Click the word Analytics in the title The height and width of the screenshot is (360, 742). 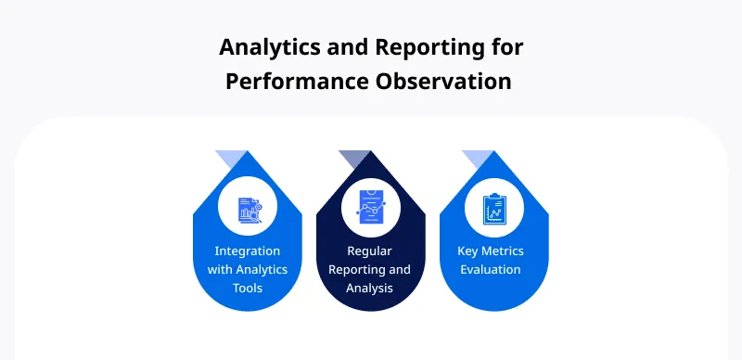tap(266, 46)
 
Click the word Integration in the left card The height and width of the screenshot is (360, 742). tap(248, 251)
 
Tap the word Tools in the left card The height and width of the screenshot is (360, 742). tap(248, 288)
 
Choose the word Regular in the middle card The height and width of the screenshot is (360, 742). tap(371, 251)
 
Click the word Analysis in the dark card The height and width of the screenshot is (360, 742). tap(370, 288)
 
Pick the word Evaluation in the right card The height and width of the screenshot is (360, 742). tap(493, 269)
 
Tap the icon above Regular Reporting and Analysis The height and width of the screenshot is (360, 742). tap(371, 207)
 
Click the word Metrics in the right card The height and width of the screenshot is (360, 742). tap(506, 251)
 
